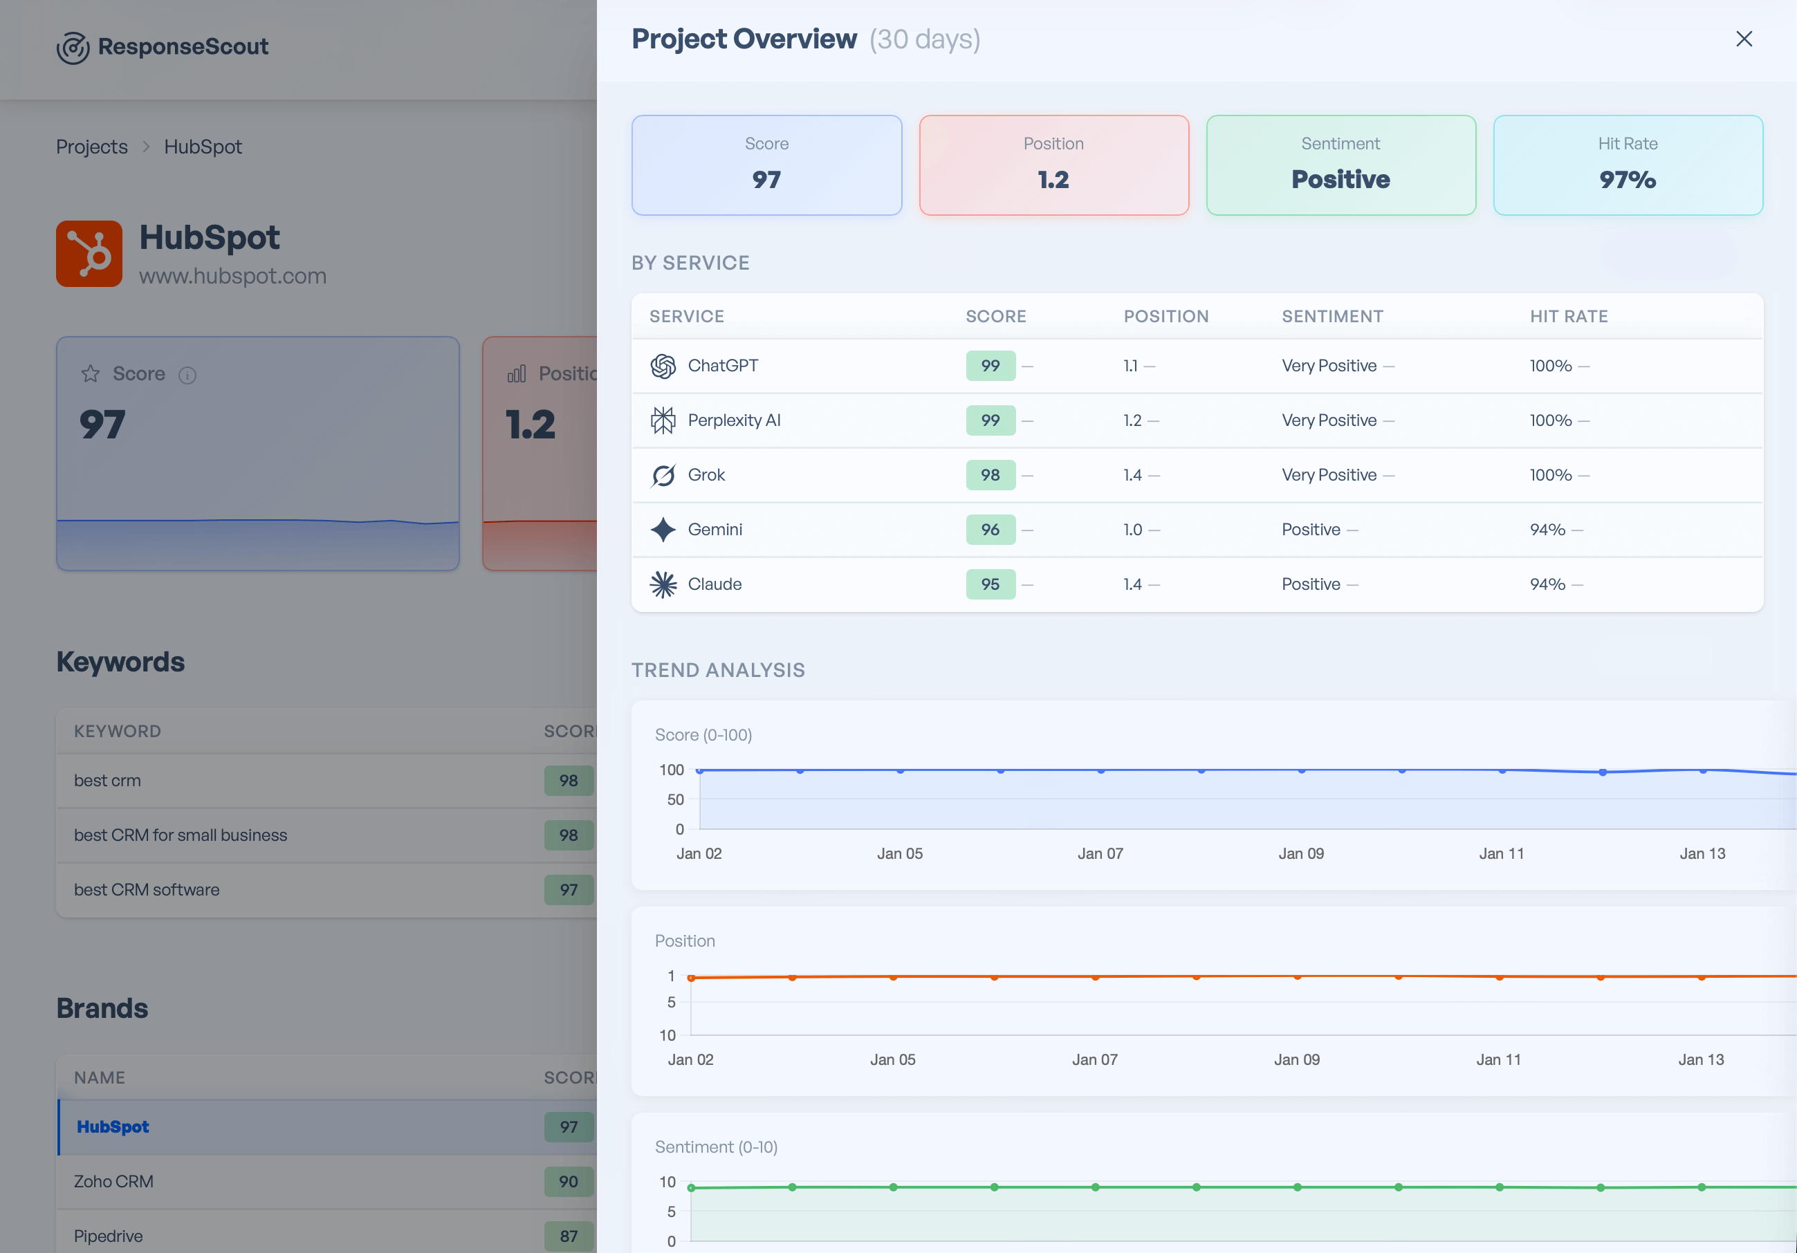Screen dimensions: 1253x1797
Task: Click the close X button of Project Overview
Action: coord(1743,39)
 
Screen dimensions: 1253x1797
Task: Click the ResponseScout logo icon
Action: coord(73,48)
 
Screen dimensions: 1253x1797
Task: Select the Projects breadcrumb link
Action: coord(91,147)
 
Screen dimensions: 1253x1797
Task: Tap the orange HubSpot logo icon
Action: coord(89,254)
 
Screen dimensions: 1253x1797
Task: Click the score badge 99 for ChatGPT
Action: coord(990,366)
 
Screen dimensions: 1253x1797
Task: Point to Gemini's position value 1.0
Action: coord(1132,530)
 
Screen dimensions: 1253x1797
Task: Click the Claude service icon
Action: coord(663,584)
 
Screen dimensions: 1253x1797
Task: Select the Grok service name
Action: coord(706,475)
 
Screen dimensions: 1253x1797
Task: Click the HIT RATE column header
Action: coord(1569,316)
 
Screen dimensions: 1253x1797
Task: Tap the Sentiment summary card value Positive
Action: coord(1340,179)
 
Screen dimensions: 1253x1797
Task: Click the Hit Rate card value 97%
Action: coord(1627,180)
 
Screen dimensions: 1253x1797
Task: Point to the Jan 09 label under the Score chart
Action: coord(1301,854)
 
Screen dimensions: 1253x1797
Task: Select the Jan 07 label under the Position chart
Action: coord(1094,1059)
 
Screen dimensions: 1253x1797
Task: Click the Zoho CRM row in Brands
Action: coord(113,1182)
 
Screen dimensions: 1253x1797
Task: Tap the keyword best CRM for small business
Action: coord(180,835)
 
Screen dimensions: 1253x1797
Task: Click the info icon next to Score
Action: coord(187,375)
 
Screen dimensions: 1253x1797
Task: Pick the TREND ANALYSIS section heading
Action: coord(718,670)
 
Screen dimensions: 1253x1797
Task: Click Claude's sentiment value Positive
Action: coord(1310,584)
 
